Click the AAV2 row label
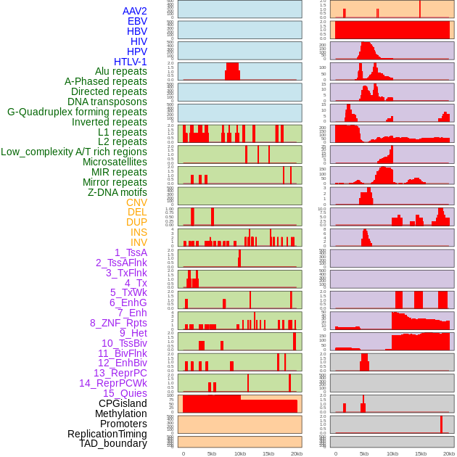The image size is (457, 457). point(135,11)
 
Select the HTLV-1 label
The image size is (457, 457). point(131,62)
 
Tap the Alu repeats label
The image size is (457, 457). point(121,71)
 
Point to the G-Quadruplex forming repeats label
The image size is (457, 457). point(77,112)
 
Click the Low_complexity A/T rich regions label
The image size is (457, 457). point(74,152)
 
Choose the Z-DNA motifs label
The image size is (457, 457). point(118,192)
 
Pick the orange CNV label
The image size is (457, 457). point(136,202)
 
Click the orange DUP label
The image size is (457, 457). point(136,222)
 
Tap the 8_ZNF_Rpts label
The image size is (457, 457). point(118,323)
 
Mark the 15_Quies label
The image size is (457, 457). point(125,393)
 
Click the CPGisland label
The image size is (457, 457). point(123,403)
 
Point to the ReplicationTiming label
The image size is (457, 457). point(107,434)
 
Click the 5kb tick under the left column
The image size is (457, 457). point(212,453)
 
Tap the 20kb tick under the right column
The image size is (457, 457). point(449,453)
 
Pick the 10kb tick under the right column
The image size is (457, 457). point(392,453)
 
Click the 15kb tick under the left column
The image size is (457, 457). point(268,453)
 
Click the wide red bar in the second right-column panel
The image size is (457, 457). point(392,30)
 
